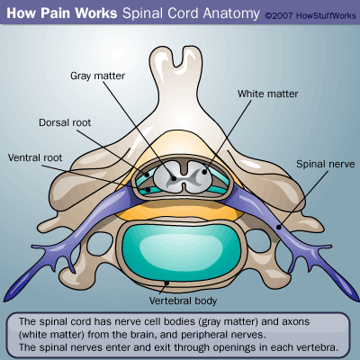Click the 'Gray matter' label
pos(97,76)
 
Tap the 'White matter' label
pos(268,94)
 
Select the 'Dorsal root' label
pos(65,122)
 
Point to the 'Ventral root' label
pos(35,157)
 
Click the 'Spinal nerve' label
pos(326,164)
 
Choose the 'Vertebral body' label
pos(183,301)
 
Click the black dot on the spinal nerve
pos(279,227)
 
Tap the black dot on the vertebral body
pos(167,283)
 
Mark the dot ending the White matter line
pos(204,172)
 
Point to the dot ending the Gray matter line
pos(174,178)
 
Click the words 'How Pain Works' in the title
pos(62,13)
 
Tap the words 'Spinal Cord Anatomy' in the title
pos(191,13)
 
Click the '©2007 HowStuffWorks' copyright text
pos(310,15)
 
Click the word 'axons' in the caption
pos(295,322)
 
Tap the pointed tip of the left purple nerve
pos(4,301)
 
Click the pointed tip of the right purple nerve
pos(357,301)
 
